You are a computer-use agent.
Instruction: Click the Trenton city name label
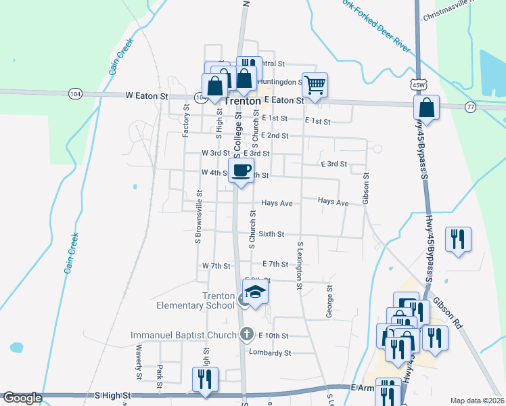click(242, 100)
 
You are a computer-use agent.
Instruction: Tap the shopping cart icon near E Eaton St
click(315, 85)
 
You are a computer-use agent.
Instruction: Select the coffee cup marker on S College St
click(241, 171)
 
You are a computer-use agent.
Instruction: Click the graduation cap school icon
click(256, 292)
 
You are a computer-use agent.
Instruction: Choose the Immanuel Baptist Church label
click(183, 335)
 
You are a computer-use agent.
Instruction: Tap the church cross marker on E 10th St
click(247, 334)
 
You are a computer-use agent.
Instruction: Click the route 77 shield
click(471, 107)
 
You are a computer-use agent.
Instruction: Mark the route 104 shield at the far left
click(75, 94)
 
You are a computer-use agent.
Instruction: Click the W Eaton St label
click(146, 97)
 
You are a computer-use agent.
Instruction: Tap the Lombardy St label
click(270, 353)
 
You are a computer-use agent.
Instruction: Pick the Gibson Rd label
click(447, 313)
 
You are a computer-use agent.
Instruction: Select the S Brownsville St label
click(199, 216)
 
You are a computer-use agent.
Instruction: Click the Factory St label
click(185, 121)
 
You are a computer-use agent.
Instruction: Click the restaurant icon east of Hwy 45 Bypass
click(459, 239)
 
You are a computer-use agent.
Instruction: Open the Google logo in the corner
click(22, 399)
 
